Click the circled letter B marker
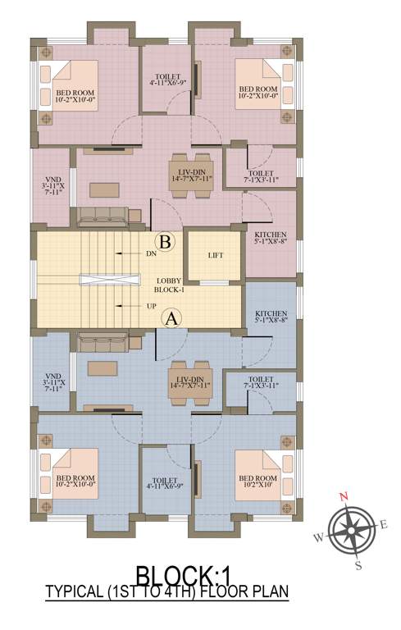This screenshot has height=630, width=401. pos(165,242)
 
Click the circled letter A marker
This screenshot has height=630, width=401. pos(171,317)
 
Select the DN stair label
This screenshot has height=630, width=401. pos(151,254)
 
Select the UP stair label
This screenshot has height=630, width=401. pos(151,306)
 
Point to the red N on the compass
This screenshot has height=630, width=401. pos(345,495)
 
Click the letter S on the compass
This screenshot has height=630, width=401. pos(358,564)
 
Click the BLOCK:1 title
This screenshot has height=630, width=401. pos(200,575)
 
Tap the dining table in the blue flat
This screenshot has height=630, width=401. pos(188,386)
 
